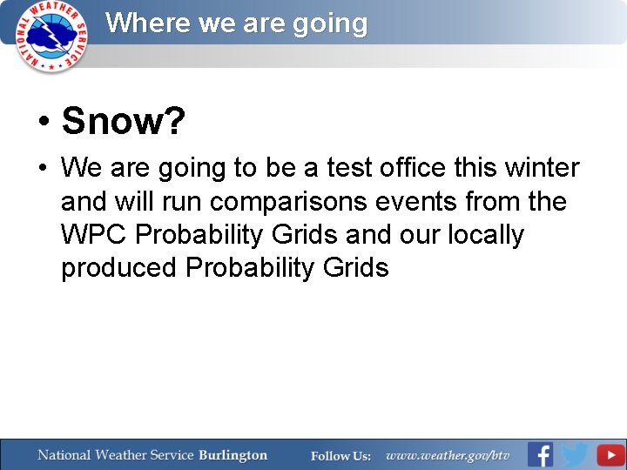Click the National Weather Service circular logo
(x=53, y=35)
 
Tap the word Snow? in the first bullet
(x=123, y=122)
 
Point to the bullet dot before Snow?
(x=43, y=123)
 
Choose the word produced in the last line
(x=118, y=268)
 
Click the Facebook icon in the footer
(x=540, y=455)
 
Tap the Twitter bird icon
(x=575, y=455)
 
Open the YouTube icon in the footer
(x=610, y=455)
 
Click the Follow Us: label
(x=340, y=456)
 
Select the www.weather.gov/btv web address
(x=448, y=456)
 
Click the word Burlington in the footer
(x=233, y=455)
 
